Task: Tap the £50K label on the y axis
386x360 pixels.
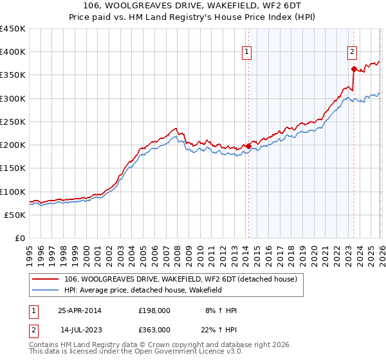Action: (x=15, y=215)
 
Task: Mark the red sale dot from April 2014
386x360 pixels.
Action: (x=249, y=146)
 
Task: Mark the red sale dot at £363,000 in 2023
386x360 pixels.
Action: (x=354, y=69)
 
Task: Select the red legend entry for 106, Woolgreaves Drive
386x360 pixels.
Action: (x=180, y=280)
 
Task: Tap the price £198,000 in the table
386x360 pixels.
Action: (x=154, y=310)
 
